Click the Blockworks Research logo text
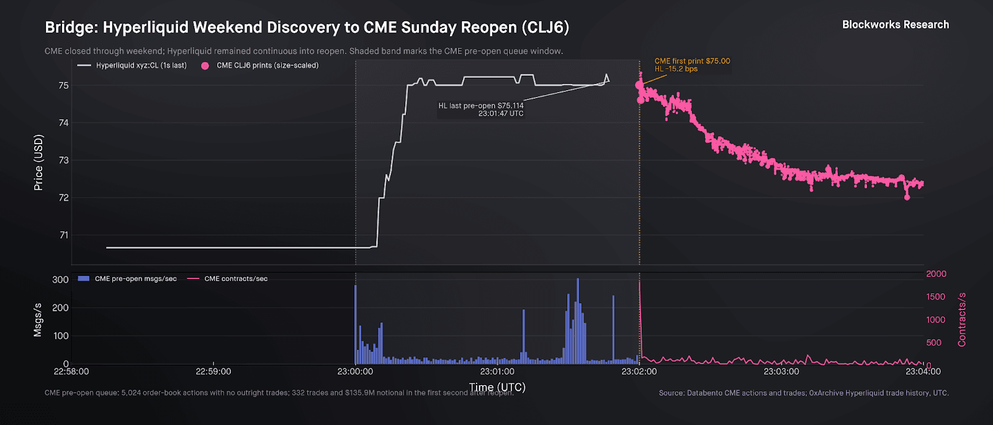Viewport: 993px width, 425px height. tap(895, 25)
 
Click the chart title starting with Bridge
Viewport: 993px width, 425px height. tap(307, 28)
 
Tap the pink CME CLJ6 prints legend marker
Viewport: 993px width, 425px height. tap(205, 66)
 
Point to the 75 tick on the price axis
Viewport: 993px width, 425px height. tap(63, 86)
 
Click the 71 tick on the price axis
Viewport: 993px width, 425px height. tap(63, 235)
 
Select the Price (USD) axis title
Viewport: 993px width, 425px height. tap(38, 162)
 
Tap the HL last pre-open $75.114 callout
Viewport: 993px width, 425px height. tap(481, 109)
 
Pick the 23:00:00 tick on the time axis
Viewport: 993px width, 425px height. tap(355, 372)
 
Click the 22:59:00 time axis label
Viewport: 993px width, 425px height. tap(213, 372)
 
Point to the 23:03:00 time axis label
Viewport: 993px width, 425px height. tap(781, 372)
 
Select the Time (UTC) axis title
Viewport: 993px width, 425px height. tap(497, 387)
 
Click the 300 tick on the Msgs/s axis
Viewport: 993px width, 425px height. tap(60, 280)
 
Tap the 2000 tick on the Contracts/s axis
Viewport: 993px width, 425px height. tap(936, 274)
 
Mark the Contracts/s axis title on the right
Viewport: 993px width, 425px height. tap(962, 319)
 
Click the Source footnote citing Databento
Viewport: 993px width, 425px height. tap(804, 393)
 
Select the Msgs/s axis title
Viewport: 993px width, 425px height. tap(38, 320)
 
